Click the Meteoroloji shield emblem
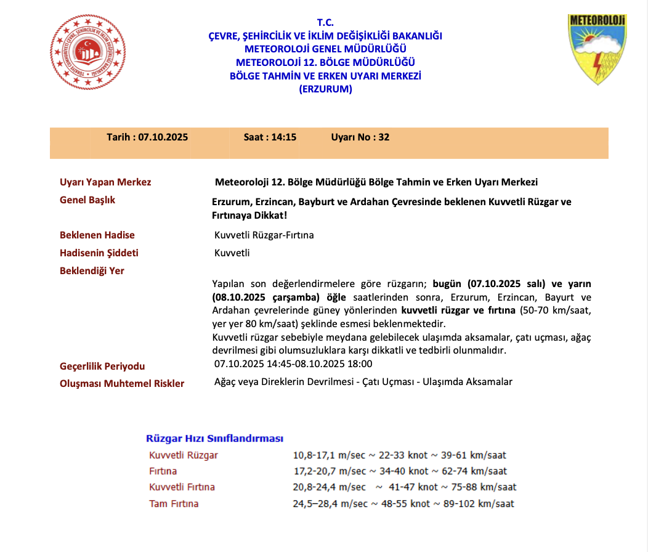(x=596, y=49)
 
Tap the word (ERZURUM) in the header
(x=325, y=89)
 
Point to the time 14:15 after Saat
(x=284, y=137)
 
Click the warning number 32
(x=384, y=137)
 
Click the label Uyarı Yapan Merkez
(x=105, y=182)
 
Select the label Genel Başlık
(x=87, y=200)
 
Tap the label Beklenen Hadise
(x=97, y=235)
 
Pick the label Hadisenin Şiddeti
(x=99, y=253)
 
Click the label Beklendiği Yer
(x=92, y=271)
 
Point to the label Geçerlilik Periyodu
(x=102, y=367)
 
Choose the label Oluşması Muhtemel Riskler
(x=122, y=383)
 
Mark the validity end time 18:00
(x=360, y=364)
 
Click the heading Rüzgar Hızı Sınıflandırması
(x=214, y=439)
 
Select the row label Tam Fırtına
(x=174, y=504)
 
